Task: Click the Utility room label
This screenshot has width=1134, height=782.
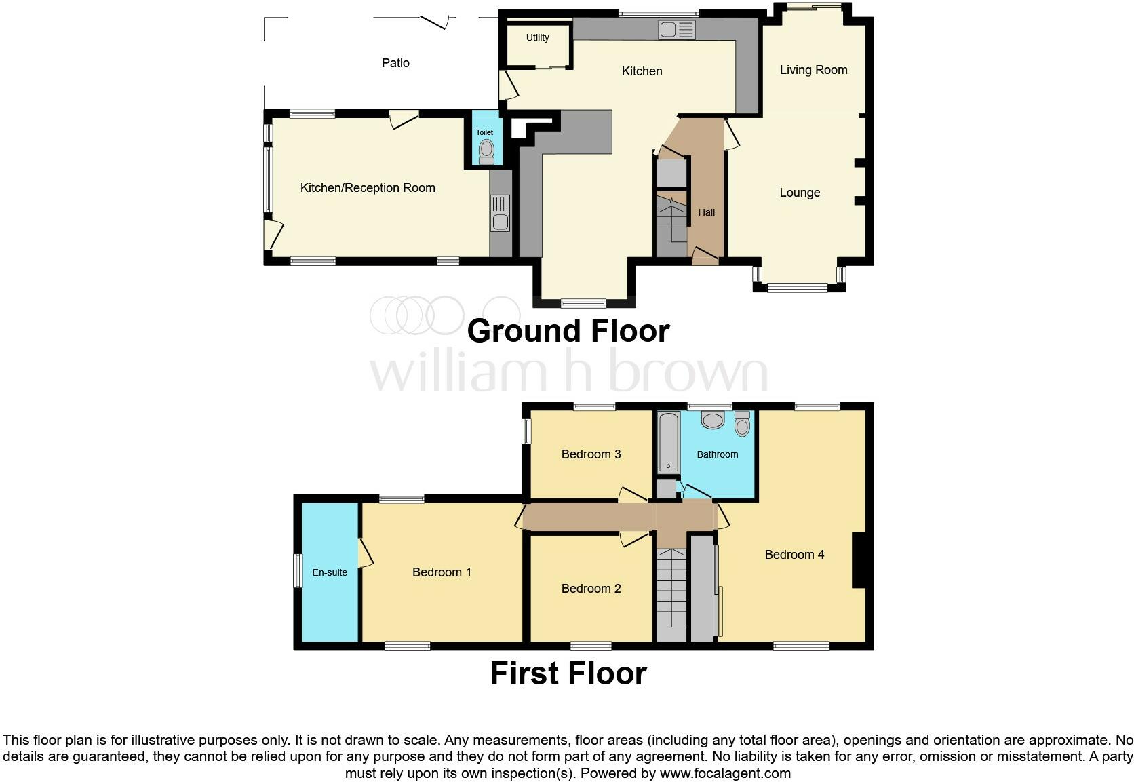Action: point(537,38)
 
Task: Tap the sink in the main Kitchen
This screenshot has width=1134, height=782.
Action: point(676,30)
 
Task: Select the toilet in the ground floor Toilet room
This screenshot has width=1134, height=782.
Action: point(486,151)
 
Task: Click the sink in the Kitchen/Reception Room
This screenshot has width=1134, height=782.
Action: point(500,214)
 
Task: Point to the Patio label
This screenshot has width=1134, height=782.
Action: point(395,63)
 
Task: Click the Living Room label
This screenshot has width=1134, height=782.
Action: point(813,70)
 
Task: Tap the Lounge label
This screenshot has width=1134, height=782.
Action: point(800,193)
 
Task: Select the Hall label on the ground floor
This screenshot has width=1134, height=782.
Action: point(707,212)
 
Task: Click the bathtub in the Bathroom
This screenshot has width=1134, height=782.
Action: point(669,442)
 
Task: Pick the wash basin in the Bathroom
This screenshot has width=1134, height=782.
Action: point(712,420)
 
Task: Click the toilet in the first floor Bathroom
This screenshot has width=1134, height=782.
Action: point(742,425)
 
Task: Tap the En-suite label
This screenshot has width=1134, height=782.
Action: point(330,572)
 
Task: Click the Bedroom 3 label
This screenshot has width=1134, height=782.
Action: point(591,454)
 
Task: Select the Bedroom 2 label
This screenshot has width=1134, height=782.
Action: point(591,589)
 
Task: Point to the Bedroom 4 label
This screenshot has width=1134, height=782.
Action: point(794,555)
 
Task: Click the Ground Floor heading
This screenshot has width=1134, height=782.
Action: point(568,331)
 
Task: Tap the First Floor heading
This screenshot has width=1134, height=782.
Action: point(568,673)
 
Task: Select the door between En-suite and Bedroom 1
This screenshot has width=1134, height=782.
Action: point(365,553)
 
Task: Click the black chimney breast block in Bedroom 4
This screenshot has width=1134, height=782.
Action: point(858,560)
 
